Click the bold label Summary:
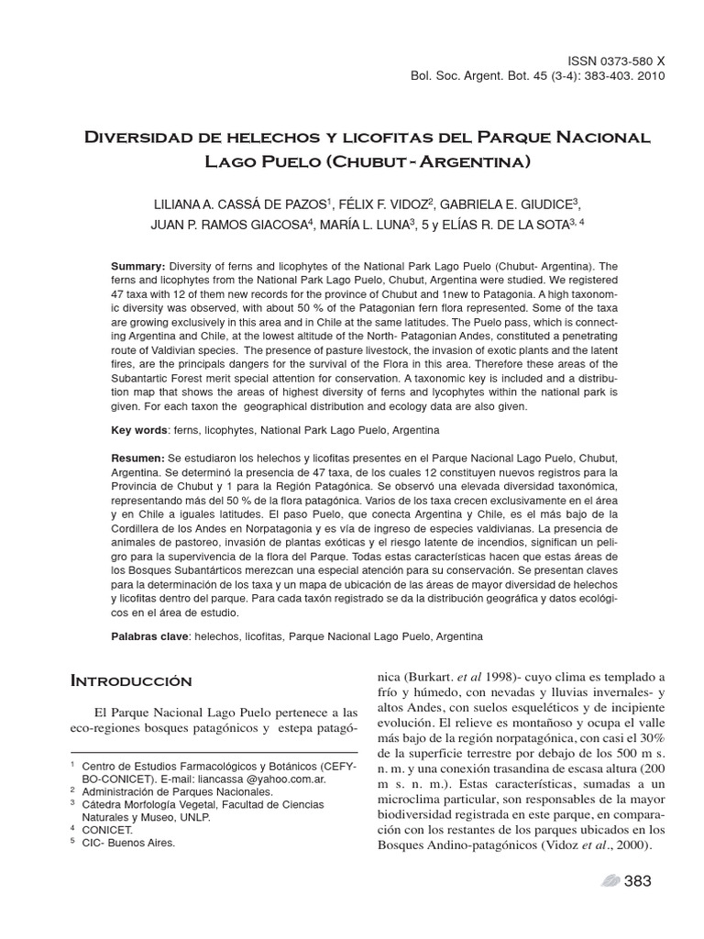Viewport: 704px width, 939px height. pos(137,264)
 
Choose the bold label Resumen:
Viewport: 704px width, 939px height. pos(137,457)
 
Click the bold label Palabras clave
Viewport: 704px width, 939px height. pos(151,635)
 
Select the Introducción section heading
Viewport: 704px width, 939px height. pos(131,680)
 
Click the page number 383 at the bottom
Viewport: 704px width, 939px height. pos(636,881)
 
